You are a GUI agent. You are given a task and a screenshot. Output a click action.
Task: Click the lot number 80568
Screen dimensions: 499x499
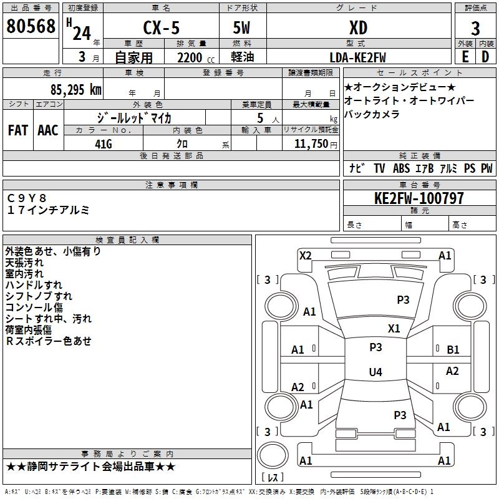coord(31,26)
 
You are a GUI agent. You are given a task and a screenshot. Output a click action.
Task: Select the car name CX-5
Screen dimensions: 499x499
coord(162,27)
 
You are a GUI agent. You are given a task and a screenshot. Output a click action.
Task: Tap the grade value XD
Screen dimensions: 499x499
coord(358,27)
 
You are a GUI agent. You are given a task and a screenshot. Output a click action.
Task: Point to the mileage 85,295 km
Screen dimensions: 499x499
coord(76,89)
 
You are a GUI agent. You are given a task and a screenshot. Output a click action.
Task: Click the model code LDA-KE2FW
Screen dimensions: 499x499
coord(357,57)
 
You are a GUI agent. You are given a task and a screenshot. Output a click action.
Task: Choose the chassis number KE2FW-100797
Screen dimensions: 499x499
coord(419,198)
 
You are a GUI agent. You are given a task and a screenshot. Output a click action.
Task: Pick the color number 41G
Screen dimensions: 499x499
coord(104,144)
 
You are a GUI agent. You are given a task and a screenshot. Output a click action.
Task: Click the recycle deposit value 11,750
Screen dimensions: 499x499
coord(311,144)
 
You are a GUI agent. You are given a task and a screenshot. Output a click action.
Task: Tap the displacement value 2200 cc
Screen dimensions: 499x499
coord(196,57)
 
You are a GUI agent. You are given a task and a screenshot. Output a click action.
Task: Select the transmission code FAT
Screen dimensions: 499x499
coord(18,130)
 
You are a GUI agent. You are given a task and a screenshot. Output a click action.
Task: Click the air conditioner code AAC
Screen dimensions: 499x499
coord(48,130)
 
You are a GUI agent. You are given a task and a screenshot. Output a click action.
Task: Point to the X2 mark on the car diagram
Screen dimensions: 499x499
coord(306,256)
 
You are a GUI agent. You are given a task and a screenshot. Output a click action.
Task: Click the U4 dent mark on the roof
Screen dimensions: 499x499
coord(375,372)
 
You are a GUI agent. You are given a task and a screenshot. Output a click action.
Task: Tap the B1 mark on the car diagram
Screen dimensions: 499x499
coord(453,350)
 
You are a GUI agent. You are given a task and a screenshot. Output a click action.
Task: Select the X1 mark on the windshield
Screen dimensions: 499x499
coord(394,329)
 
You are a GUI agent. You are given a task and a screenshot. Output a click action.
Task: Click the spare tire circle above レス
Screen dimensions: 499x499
coord(273,455)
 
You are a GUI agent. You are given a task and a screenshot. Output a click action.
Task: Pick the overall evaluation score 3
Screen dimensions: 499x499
coord(475,29)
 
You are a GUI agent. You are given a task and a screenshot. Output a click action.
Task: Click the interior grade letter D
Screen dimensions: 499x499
coord(485,57)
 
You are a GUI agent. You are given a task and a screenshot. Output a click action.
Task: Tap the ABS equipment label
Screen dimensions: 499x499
coord(401,168)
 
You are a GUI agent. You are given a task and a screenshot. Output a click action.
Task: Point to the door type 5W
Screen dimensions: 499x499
coord(241,27)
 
